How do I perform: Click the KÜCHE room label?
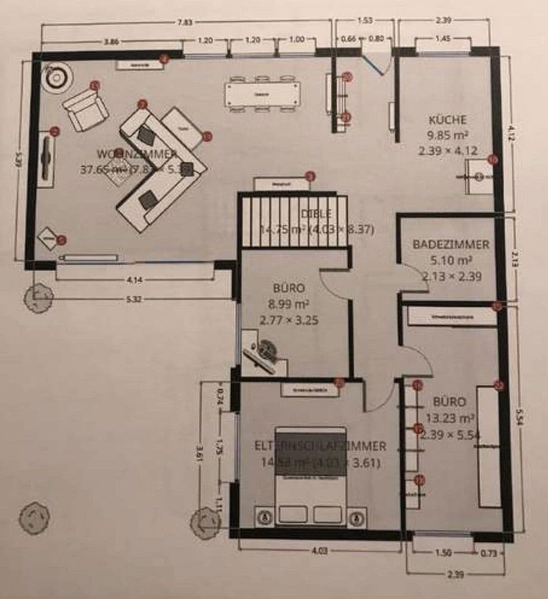coord(448,119)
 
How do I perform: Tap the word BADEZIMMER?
coord(451,244)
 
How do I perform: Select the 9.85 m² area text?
coord(448,135)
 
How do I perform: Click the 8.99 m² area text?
coord(289,304)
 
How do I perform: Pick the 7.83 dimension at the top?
coord(185,22)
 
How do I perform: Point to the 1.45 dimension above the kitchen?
coord(443,39)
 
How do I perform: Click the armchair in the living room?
coord(86,110)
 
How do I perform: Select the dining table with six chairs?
coord(262,94)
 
